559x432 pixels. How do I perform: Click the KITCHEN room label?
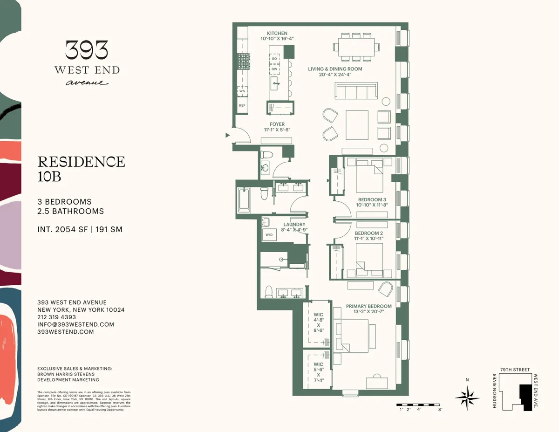[277, 34]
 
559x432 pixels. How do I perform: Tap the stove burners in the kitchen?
[244, 61]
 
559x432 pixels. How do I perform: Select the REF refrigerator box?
[242, 106]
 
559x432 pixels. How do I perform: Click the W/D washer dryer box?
[269, 235]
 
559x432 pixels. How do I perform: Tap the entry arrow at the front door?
[227, 135]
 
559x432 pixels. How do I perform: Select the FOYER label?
[277, 124]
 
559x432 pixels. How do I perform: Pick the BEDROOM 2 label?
[368, 233]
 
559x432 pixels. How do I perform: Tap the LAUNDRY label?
[294, 225]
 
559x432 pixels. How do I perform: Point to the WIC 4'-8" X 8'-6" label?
[318, 322]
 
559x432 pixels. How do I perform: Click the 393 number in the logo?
[87, 50]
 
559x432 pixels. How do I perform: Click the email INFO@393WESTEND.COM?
[75, 324]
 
